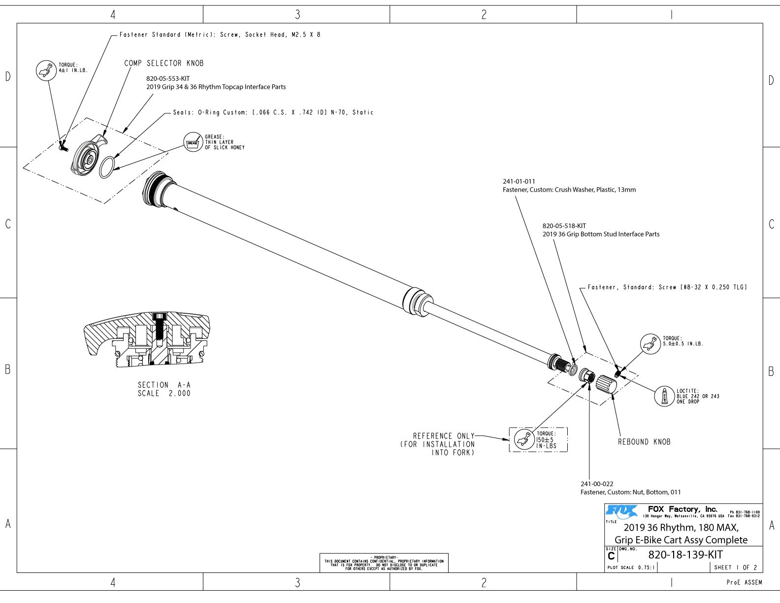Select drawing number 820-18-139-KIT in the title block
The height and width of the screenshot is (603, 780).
[685, 555]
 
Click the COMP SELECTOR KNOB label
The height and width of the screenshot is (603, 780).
[164, 64]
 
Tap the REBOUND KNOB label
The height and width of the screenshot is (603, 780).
[644, 442]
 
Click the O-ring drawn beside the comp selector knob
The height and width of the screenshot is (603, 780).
[108, 167]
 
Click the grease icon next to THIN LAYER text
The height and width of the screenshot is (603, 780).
[193, 142]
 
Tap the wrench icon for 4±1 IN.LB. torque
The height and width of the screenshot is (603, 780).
[46, 70]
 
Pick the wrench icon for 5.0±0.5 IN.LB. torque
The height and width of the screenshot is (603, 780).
[650, 343]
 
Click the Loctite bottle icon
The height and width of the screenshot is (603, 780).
[664, 396]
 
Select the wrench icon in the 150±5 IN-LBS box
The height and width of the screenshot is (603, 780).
[524, 439]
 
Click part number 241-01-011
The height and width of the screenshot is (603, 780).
[519, 181]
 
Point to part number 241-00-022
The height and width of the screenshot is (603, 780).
[597, 484]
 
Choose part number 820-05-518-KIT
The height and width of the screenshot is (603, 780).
[564, 226]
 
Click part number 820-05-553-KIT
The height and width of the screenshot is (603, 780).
[168, 78]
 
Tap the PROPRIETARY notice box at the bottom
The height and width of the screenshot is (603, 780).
[384, 563]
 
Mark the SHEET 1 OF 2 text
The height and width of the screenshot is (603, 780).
[736, 568]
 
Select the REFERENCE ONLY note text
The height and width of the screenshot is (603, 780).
[443, 436]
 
